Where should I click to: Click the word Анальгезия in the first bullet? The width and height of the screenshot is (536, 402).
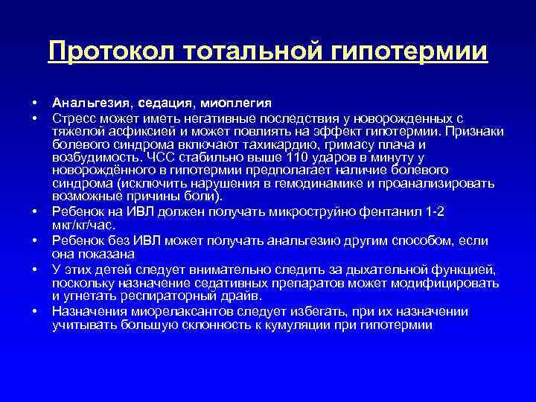pos(86,103)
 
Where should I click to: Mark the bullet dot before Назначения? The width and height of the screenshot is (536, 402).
pos(34,312)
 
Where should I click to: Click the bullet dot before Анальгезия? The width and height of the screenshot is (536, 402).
pos(34,103)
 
